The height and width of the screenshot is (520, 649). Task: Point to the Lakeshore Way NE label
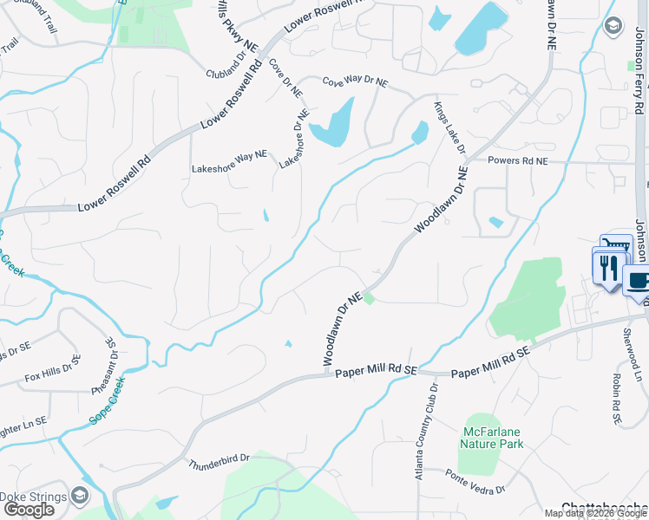point(229,156)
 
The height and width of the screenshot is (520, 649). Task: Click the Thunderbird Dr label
point(218,462)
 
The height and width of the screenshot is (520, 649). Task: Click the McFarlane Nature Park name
point(491,438)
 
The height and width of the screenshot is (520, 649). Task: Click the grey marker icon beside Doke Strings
point(80,496)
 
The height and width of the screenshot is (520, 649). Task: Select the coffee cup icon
point(638,282)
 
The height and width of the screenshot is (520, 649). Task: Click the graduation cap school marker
point(614,25)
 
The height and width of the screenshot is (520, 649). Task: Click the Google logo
point(29,510)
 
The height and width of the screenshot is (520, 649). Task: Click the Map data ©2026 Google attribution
point(595,513)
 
